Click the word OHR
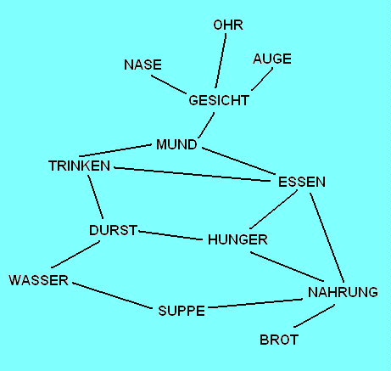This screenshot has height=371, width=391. point(228,25)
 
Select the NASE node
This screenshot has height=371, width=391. point(142,65)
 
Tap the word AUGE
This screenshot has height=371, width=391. point(272,59)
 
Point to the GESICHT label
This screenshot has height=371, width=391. point(219,100)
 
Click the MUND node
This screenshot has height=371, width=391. point(176,145)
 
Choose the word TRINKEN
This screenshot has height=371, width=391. point(80,166)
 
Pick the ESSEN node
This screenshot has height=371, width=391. point(301,182)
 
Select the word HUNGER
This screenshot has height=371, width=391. point(237,239)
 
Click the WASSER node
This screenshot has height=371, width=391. point(38,280)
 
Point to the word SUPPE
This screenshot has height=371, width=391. point(182,311)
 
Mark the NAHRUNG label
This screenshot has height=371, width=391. point(343,293)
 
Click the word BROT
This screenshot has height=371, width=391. point(279,340)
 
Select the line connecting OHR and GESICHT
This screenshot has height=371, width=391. point(221,61)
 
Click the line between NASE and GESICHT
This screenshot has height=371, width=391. point(170,86)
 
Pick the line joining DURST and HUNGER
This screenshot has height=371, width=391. point(172,234)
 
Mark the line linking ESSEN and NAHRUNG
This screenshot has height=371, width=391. point(327,239)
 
